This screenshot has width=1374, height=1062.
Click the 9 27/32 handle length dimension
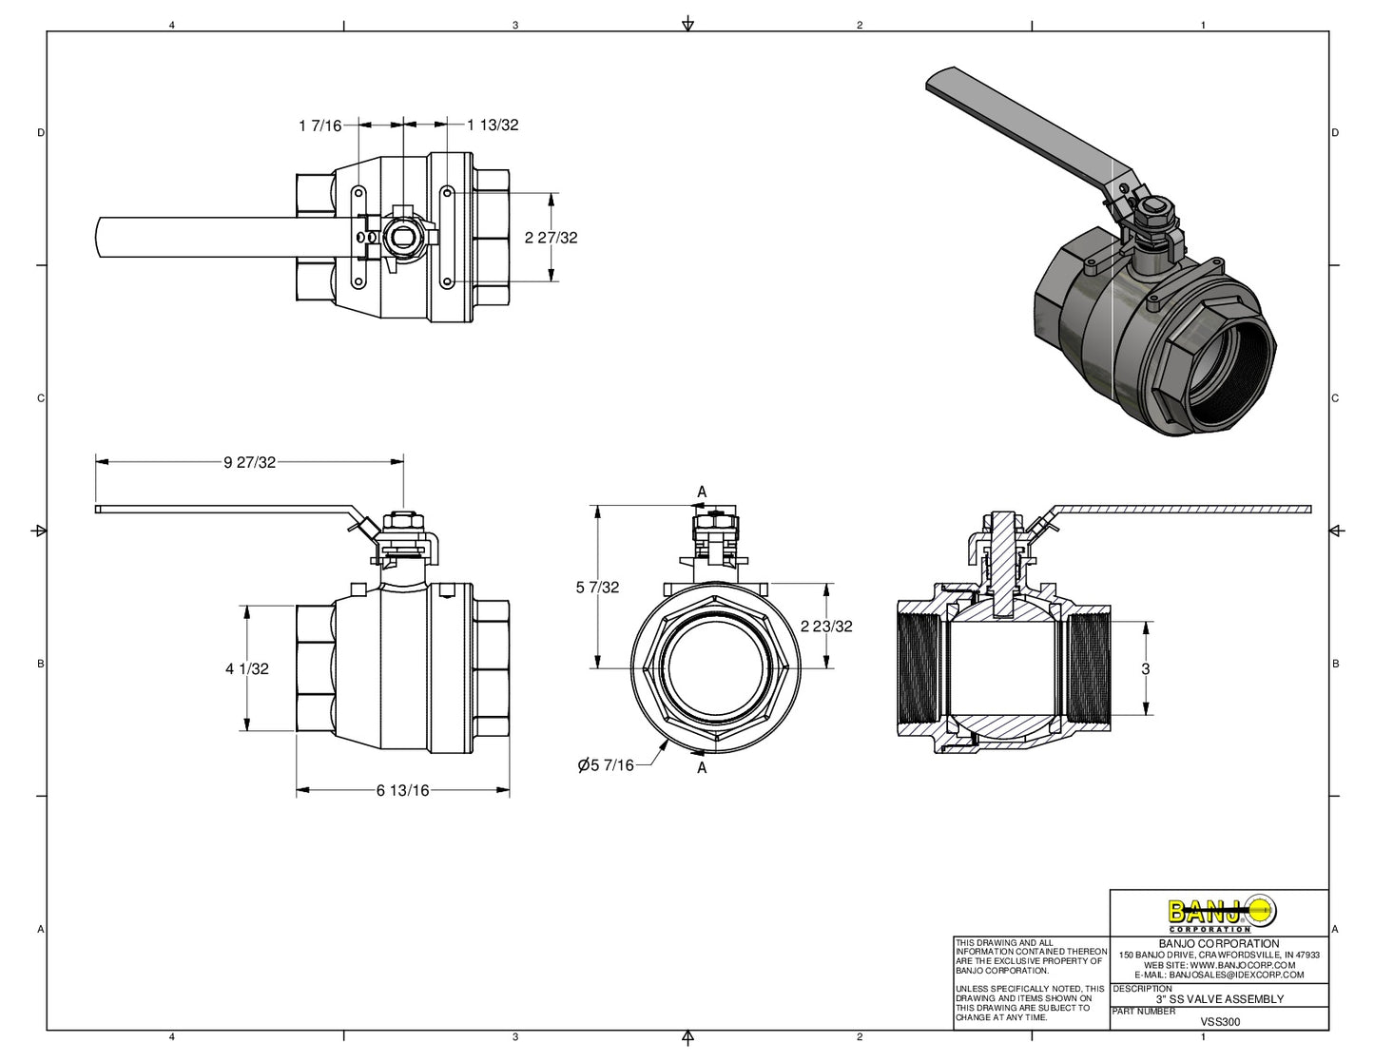point(249,462)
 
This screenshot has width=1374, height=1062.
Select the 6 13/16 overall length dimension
point(402,790)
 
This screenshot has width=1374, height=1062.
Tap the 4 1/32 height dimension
point(246,669)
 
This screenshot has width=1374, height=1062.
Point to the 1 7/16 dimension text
point(319,126)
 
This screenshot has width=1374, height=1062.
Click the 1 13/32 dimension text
point(493,125)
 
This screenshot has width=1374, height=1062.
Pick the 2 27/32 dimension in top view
point(551,238)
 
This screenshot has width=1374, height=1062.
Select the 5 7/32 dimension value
point(597,588)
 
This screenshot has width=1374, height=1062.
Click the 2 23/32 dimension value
point(825,627)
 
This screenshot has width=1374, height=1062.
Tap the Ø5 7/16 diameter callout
point(606,765)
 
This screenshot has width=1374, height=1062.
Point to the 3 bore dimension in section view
point(1145,669)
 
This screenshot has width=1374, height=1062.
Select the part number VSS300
point(1220,1022)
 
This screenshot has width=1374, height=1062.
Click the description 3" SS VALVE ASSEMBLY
point(1219,999)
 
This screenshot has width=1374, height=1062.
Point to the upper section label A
point(702,492)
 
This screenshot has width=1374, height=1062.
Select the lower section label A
point(702,768)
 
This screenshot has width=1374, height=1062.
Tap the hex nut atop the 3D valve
point(1152,210)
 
